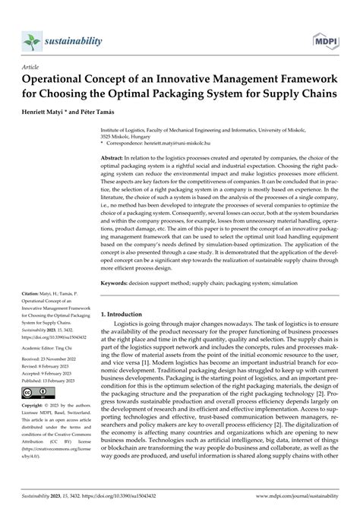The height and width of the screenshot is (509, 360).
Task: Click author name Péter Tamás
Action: coord(95,111)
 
